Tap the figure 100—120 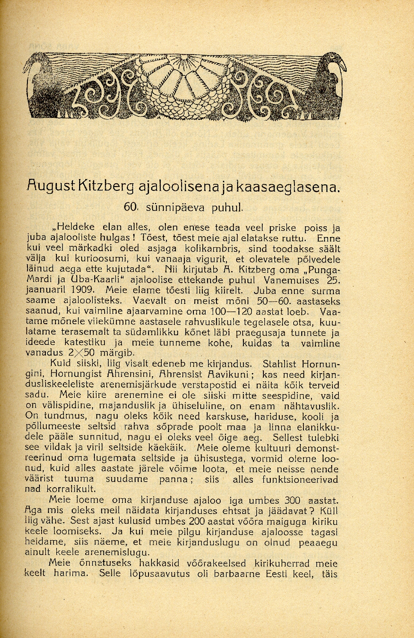click(235, 312)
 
